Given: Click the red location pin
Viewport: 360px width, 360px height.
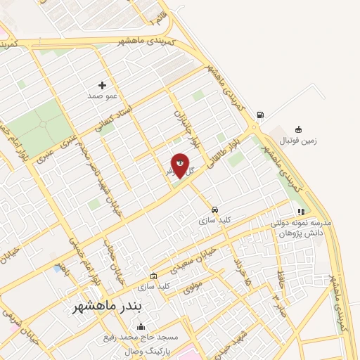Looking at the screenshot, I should [180, 165].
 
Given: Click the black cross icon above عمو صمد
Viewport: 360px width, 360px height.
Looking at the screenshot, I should [102, 85].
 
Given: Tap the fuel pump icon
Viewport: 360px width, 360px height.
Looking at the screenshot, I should [261, 115].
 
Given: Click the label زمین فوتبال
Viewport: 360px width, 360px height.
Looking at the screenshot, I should [299, 140].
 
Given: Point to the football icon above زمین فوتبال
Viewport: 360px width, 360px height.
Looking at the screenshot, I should [298, 129].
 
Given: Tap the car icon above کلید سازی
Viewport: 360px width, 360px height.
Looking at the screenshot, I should [214, 210].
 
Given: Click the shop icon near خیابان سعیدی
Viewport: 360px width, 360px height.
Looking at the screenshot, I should [154, 276].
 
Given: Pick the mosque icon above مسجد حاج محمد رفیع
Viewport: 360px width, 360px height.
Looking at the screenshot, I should [141, 326].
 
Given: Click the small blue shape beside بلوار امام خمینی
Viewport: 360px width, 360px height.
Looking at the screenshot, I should [56, 269].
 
